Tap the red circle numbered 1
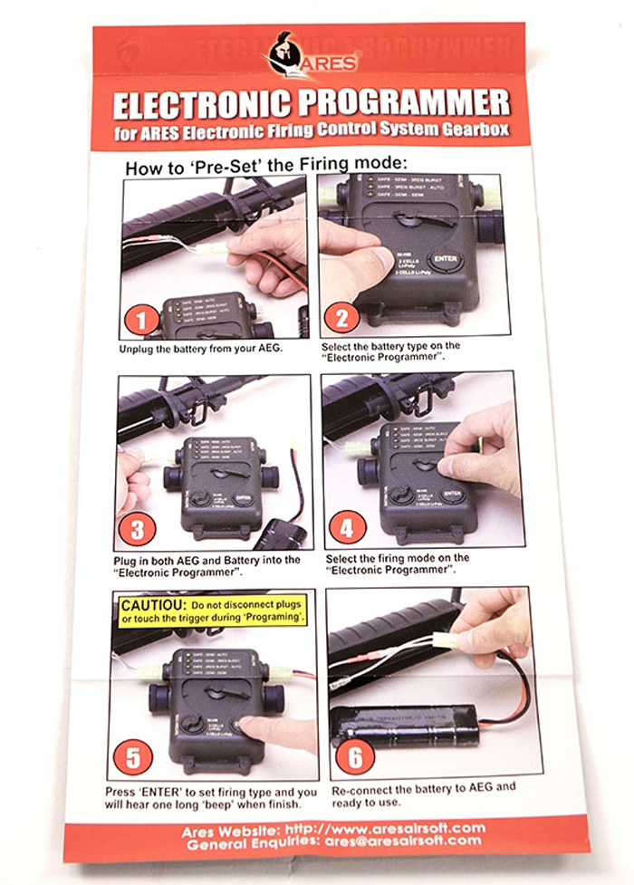(141, 321)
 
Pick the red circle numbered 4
(347, 525)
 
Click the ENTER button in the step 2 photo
(447, 262)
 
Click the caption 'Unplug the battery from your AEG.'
(201, 348)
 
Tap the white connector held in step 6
(446, 640)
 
